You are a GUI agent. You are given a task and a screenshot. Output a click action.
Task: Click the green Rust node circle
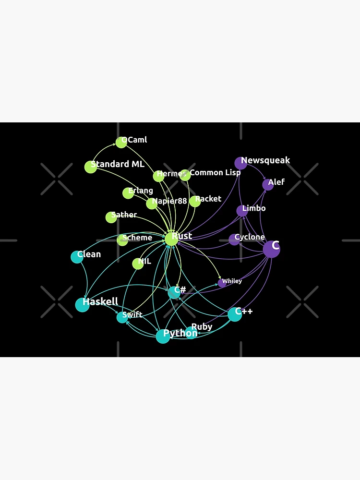click(171, 239)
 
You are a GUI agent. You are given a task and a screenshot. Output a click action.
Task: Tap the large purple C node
click(272, 249)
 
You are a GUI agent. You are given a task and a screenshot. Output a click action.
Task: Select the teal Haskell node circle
click(83, 305)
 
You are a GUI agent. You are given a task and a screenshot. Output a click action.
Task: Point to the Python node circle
click(163, 336)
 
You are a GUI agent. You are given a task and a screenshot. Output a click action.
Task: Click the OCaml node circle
click(121, 143)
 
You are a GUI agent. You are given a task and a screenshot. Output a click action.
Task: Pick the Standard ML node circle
click(91, 167)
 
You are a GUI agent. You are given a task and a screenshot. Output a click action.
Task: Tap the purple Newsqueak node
click(241, 163)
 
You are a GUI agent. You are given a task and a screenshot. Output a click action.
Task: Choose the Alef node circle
click(268, 185)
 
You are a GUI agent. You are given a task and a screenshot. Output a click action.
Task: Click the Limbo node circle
click(242, 211)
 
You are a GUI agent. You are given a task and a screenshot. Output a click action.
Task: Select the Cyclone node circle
click(234, 240)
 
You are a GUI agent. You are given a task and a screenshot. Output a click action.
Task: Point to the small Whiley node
click(222, 283)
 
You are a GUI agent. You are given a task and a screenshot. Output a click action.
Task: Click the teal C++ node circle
click(235, 315)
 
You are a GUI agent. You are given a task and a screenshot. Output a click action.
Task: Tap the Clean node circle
click(77, 257)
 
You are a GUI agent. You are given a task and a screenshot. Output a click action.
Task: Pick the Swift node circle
click(122, 317)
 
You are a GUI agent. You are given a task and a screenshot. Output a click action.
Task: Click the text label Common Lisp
click(215, 173)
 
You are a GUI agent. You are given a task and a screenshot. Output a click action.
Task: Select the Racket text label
click(208, 199)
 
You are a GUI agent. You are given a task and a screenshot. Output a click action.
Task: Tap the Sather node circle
click(111, 217)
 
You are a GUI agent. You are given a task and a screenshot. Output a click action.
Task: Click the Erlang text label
click(141, 191)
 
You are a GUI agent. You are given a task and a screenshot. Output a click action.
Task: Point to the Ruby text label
click(202, 327)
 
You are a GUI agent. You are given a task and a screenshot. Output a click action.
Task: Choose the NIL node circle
click(138, 264)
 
